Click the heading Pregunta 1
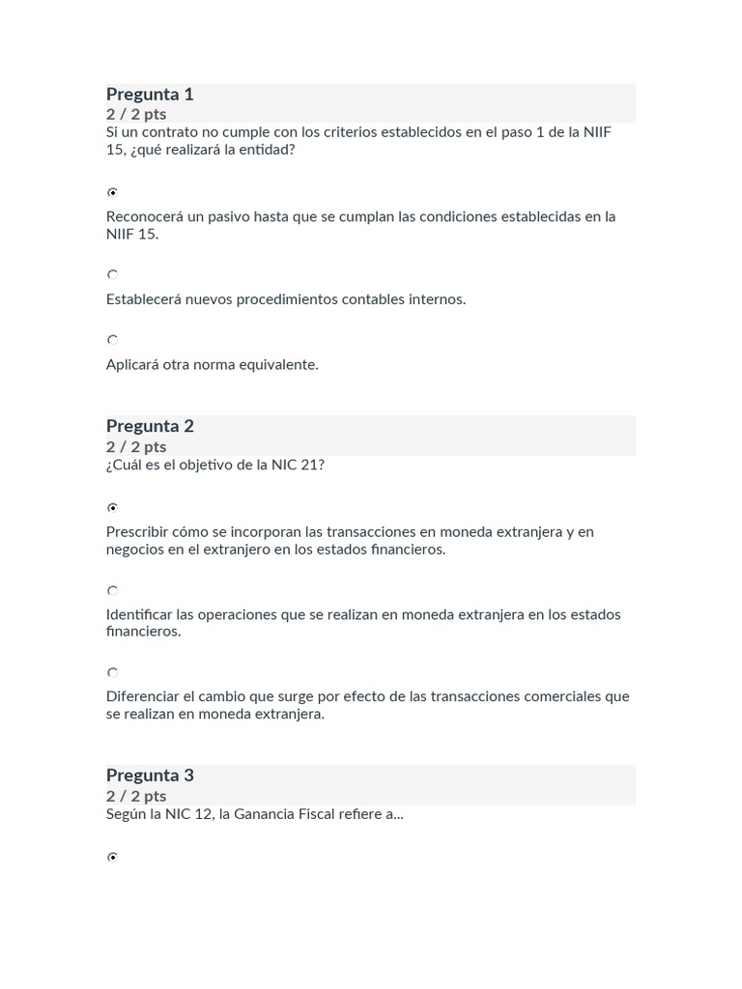point(150,94)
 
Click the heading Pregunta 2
point(150,426)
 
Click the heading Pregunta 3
point(150,775)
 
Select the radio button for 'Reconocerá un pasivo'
point(113,192)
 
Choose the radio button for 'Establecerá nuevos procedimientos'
point(113,275)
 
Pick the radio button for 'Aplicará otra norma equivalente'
point(113,340)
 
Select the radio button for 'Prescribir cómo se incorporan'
point(113,507)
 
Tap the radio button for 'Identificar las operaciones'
point(113,590)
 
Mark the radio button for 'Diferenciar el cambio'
point(113,672)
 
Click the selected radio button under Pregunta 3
point(113,857)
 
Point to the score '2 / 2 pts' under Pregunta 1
point(136,114)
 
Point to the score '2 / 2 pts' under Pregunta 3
point(136,796)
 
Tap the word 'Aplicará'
point(133,365)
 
